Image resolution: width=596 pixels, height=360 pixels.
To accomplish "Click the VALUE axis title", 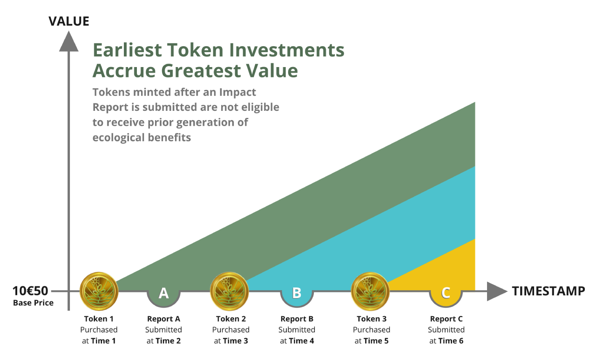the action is click(68, 21).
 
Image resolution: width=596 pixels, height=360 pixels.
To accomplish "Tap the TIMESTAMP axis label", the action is click(549, 291).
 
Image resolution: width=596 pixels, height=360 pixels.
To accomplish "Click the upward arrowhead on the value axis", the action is click(68, 41).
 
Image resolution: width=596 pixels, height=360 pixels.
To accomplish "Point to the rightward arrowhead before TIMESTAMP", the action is click(497, 292).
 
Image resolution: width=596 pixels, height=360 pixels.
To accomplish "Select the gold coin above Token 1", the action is click(99, 291).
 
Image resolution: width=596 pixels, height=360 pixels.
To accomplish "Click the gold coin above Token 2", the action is click(229, 291).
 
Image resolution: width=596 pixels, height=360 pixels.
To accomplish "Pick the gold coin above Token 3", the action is click(370, 291).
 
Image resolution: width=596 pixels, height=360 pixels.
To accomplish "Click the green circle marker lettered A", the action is click(163, 295).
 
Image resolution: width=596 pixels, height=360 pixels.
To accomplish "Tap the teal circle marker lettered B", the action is click(297, 295).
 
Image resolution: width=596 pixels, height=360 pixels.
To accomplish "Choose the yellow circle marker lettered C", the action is click(446, 295).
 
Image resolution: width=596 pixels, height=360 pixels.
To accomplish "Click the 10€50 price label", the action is click(30, 291).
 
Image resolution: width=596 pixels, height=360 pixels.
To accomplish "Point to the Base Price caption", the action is click(33, 303).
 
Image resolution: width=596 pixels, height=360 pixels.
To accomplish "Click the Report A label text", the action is click(163, 319).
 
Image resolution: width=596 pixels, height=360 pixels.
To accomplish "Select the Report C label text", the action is click(446, 319).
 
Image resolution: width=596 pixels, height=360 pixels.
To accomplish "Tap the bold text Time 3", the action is click(236, 341).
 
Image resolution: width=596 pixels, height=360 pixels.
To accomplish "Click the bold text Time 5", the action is click(376, 341).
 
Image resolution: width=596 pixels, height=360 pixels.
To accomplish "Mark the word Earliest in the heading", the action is click(127, 50).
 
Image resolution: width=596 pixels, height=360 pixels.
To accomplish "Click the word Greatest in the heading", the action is click(201, 71).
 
